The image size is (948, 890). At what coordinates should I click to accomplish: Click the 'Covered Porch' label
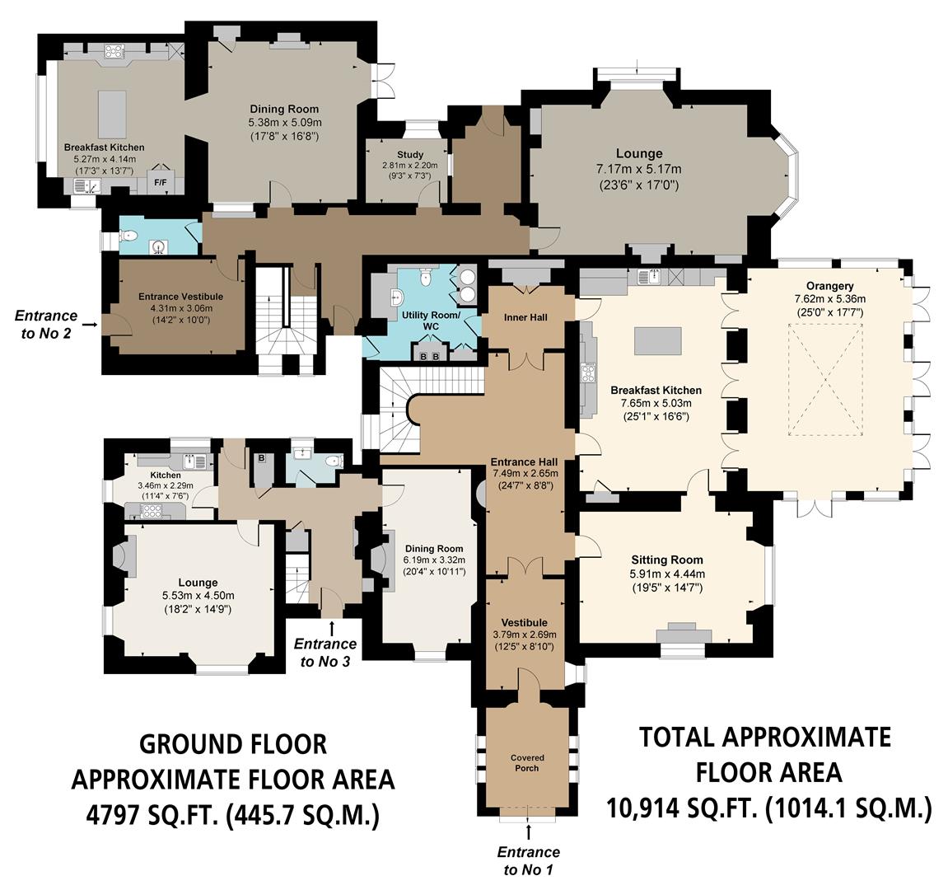tap(526, 762)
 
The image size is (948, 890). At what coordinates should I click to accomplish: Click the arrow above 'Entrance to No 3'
tap(331, 628)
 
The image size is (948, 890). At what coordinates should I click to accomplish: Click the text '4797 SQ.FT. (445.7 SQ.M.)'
tap(233, 815)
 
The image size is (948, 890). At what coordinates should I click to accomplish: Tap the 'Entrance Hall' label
tap(524, 461)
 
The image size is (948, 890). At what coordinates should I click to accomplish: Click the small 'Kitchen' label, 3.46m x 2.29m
tap(165, 475)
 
